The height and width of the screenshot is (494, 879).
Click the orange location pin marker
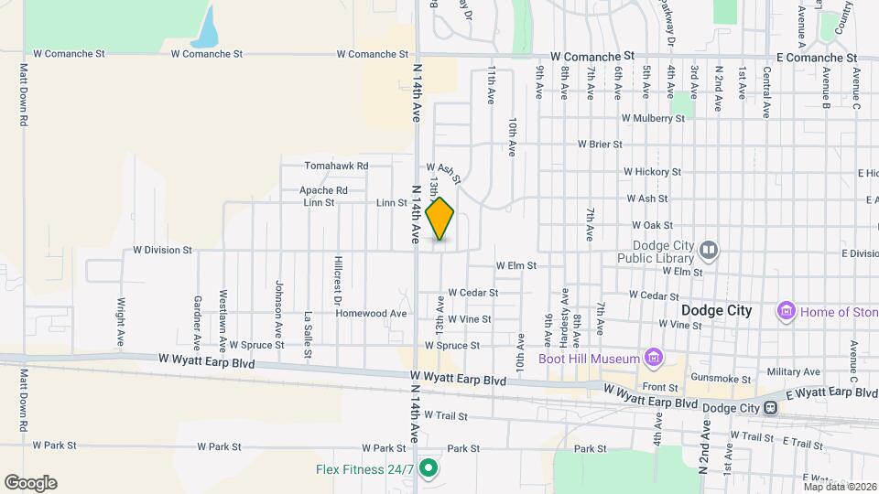coord(440,219)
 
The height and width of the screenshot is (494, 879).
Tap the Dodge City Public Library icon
coord(710,250)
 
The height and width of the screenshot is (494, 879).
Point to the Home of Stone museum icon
coord(786,312)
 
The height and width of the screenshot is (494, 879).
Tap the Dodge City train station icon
coord(773,408)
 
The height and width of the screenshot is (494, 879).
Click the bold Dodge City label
coord(716,311)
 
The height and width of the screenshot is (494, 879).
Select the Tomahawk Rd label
coord(336,166)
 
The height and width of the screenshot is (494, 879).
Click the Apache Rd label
coord(323,190)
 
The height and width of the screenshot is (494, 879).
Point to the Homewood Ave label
coord(371,313)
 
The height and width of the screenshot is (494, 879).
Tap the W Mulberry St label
coord(653,118)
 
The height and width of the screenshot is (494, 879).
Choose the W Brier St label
coord(600,145)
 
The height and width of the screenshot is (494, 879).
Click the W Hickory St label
coord(652,172)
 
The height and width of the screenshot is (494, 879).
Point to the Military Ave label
coord(794,371)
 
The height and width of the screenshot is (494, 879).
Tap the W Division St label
coord(162,249)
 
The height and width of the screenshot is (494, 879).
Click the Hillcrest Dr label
coord(337,280)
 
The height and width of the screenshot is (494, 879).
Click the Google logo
coord(30,483)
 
